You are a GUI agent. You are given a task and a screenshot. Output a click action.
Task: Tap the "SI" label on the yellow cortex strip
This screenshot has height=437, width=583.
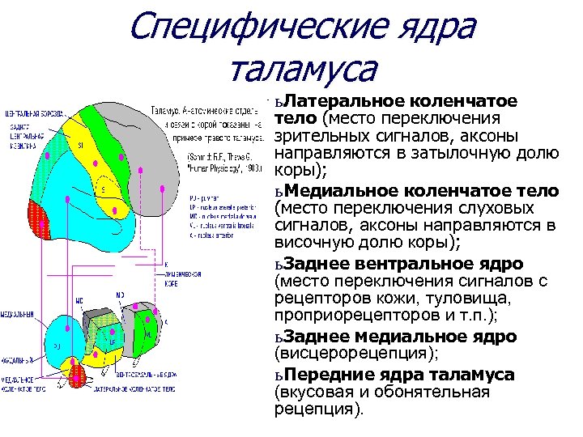pos(80,145)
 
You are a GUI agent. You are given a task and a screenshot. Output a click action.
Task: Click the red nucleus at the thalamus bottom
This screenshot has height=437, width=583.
pos(78,374)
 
